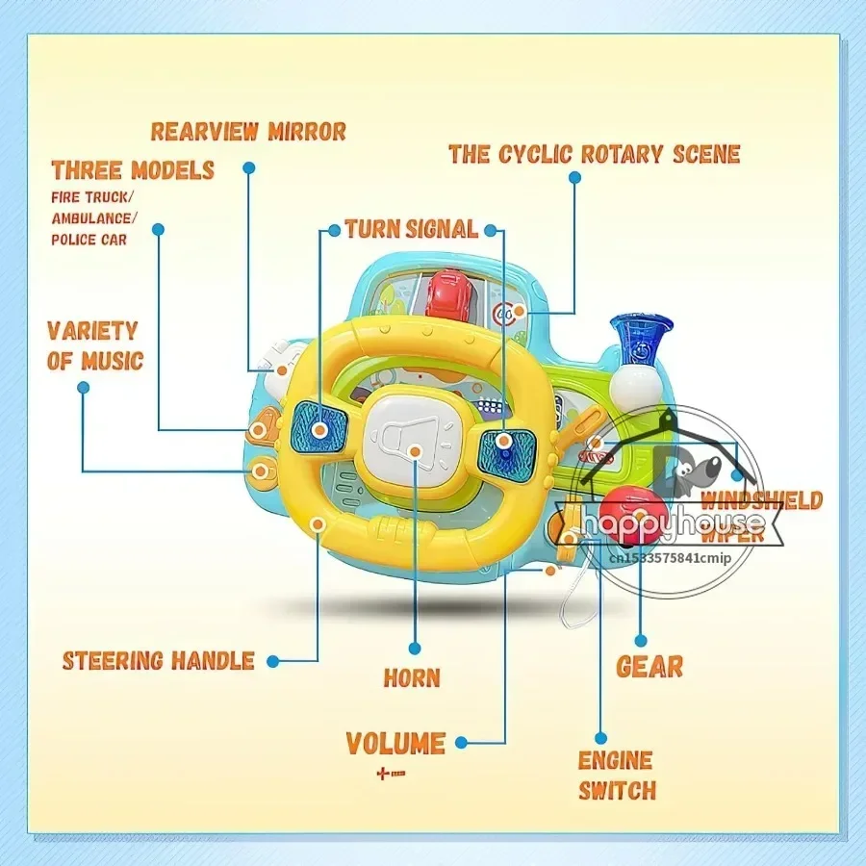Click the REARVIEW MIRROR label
click(247, 131)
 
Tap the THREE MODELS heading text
click(133, 171)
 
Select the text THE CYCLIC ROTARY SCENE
click(594, 154)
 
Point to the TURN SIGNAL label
click(411, 229)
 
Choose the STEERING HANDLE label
click(159, 661)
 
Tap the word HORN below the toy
click(412, 677)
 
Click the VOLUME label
click(395, 744)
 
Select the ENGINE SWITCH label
click(617, 776)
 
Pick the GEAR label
click(649, 666)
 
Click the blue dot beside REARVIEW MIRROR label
click(249, 166)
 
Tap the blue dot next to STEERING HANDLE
click(274, 661)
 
